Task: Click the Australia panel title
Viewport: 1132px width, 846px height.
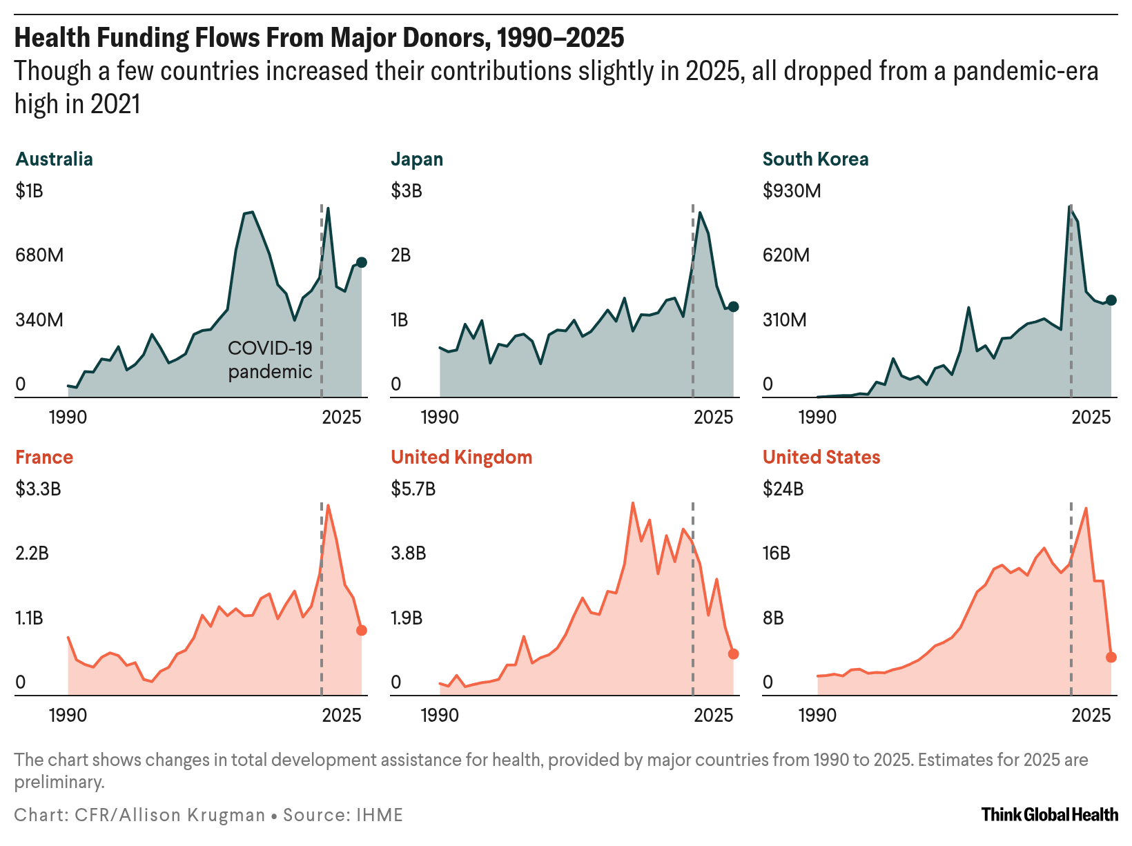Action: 54,159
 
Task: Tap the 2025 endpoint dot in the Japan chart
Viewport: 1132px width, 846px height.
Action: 733,306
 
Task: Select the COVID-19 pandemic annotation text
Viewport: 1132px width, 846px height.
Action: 270,360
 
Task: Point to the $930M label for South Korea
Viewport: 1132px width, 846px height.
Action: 792,191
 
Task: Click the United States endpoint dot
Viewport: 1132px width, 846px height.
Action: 1111,657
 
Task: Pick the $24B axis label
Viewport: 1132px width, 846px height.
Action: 783,489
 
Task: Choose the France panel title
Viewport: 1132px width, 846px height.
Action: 43,458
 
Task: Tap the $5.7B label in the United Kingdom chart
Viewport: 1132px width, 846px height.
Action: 413,489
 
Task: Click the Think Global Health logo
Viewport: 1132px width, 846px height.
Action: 1049,814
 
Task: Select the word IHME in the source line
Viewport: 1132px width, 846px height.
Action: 379,815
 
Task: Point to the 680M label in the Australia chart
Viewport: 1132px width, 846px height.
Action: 39,255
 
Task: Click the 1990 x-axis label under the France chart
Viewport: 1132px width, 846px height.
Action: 68,715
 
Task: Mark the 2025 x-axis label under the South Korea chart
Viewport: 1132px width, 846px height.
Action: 1091,417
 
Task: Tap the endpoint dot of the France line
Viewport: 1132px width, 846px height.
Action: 361,630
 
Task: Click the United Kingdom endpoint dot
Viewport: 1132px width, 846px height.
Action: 733,653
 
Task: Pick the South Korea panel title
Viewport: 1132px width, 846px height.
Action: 815,159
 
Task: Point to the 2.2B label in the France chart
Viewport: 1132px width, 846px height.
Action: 32,553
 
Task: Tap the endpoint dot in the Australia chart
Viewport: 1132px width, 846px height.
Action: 361,262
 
